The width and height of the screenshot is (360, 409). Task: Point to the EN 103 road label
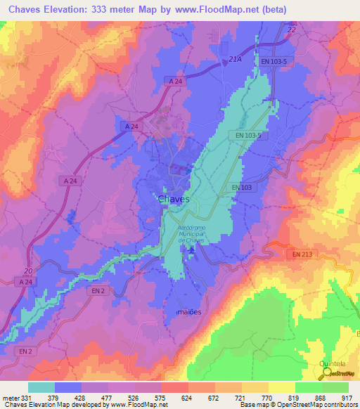tap(242, 188)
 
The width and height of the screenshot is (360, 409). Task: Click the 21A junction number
tap(235, 60)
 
